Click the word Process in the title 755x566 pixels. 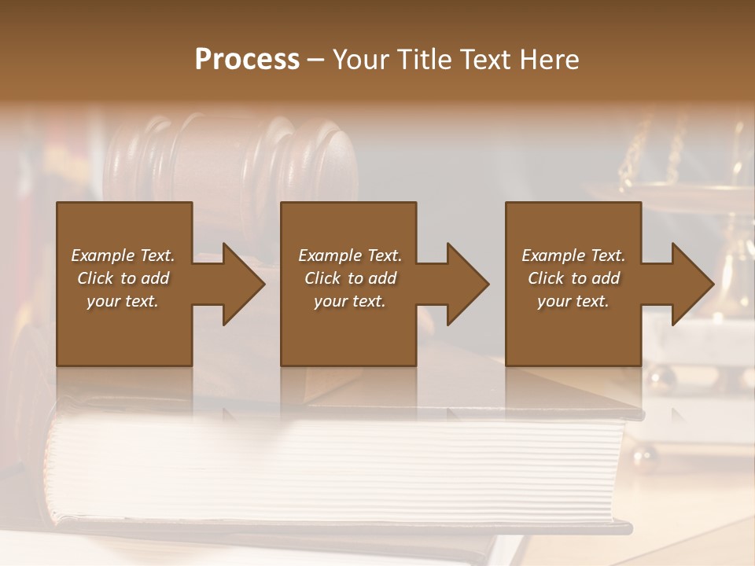(247, 60)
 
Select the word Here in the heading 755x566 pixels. (549, 60)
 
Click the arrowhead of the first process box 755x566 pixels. (244, 284)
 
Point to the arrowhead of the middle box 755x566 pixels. (468, 284)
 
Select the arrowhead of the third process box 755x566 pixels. (693, 284)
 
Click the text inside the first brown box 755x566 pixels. (123, 278)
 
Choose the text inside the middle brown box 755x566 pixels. (349, 278)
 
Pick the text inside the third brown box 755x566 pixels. (573, 278)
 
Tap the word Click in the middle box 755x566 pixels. (323, 278)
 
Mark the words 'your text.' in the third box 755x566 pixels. (573, 301)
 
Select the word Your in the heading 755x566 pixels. (363, 60)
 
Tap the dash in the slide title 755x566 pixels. (316, 60)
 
